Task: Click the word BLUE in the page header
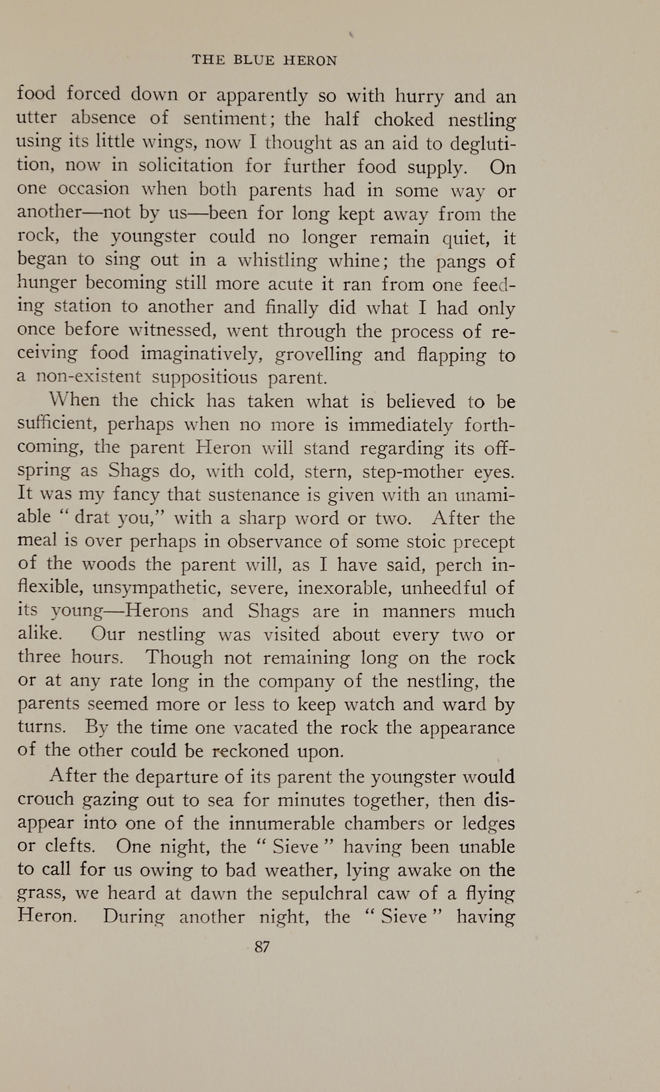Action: pyautogui.click(x=254, y=61)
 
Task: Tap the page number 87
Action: pyautogui.click(x=262, y=947)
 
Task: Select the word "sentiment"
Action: pyautogui.click(x=224, y=119)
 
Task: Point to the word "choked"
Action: pyautogui.click(x=404, y=119)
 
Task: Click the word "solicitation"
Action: pyautogui.click(x=186, y=166)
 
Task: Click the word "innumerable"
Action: pyautogui.click(x=281, y=823)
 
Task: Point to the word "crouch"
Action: pyautogui.click(x=46, y=800)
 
